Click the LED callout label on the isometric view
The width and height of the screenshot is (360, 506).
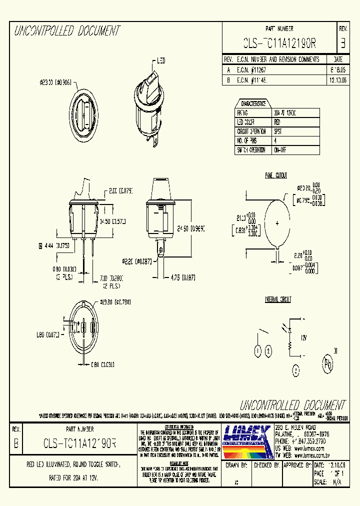pyautogui.click(x=161, y=61)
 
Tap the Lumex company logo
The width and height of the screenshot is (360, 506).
pyautogui.click(x=247, y=441)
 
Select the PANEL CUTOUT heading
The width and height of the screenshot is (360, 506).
pyautogui.click(x=276, y=175)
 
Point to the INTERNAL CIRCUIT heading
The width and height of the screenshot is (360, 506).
pyautogui.click(x=278, y=299)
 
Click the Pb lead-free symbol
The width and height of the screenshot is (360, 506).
pyautogui.click(x=328, y=364)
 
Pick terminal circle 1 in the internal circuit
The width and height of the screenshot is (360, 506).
pyautogui.click(x=257, y=351)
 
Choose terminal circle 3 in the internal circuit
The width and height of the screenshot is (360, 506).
pyautogui.click(x=296, y=370)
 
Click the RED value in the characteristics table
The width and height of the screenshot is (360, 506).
pyautogui.click(x=278, y=122)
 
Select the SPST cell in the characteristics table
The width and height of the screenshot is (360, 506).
pyautogui.click(x=278, y=131)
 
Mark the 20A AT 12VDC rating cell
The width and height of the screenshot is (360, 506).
pyautogui.click(x=285, y=113)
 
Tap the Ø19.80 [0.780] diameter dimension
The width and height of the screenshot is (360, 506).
pyautogui.click(x=115, y=302)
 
